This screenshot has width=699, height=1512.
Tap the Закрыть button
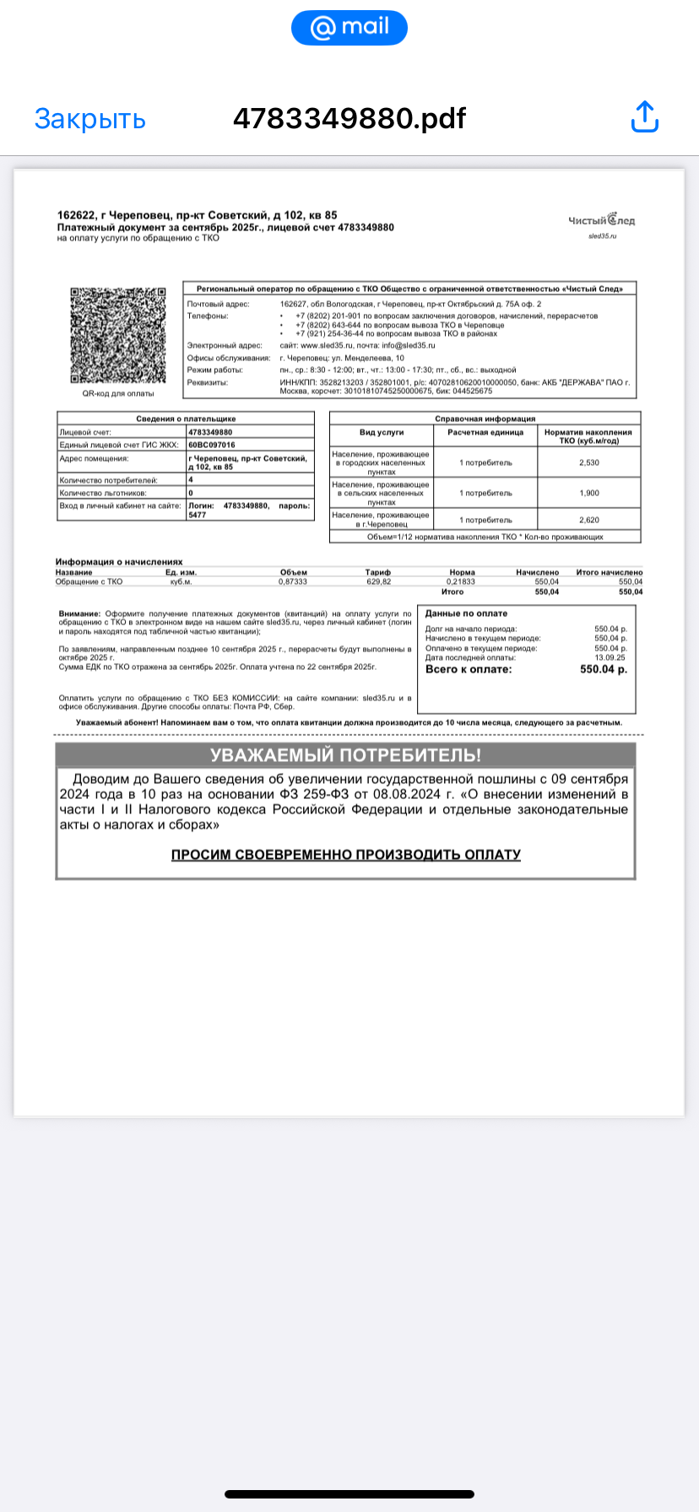89,119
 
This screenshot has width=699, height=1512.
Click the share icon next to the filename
644,117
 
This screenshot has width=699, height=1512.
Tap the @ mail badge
349,28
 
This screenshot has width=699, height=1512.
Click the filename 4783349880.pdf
349,119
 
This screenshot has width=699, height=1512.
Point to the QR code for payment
117,336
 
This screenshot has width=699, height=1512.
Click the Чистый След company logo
601,220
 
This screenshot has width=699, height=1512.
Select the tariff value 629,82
377,582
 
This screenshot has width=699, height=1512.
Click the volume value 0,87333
293,582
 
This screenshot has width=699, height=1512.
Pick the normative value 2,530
588,462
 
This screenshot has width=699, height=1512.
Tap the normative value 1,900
588,493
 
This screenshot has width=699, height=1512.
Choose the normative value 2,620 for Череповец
588,520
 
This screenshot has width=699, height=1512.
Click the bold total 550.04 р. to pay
603,669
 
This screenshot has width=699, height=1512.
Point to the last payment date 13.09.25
610,657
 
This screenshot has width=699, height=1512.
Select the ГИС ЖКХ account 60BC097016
212,445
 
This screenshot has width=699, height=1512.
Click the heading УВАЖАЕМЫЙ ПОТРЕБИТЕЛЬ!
345,755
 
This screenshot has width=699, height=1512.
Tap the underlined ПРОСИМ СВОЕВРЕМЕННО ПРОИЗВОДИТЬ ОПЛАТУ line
345,855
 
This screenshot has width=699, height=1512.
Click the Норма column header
462,572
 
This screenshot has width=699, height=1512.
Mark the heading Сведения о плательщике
186,418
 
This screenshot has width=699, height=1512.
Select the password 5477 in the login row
198,515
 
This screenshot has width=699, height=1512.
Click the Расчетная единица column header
485,432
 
